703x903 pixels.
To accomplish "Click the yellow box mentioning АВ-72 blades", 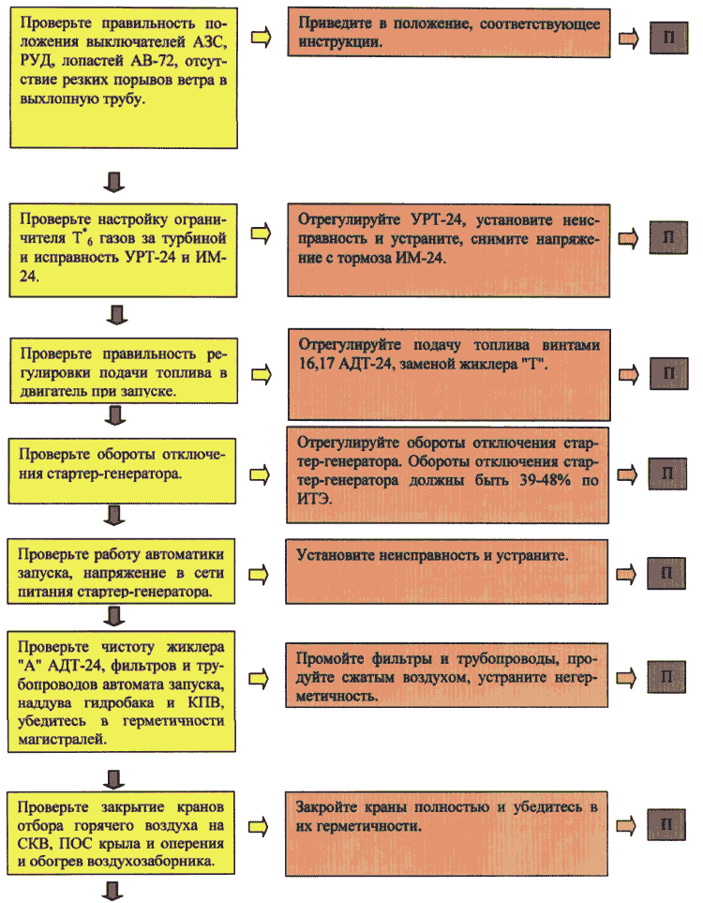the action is click(x=124, y=78).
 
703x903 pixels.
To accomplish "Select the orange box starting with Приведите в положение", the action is click(x=449, y=33).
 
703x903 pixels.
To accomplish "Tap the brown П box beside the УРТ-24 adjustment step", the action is click(x=668, y=237).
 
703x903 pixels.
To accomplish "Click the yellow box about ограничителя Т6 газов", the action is click(x=123, y=250).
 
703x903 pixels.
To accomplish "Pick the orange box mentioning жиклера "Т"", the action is click(x=449, y=375).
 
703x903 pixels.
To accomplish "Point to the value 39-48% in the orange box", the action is click(x=545, y=480).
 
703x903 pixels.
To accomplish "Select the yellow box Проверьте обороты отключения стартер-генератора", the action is click(x=122, y=471).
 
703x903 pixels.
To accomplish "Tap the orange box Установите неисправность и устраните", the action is click(x=447, y=572).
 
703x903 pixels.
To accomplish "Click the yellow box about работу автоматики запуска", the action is click(x=121, y=571).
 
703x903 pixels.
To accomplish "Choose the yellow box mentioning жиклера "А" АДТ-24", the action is click(x=122, y=692).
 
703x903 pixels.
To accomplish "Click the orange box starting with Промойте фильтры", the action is click(x=447, y=675).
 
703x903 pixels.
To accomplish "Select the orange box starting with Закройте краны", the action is click(x=447, y=834).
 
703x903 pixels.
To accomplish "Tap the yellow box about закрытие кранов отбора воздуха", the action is click(x=120, y=833).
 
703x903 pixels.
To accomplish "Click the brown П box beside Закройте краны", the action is click(x=666, y=824).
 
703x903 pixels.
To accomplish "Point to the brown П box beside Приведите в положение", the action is click(x=669, y=38).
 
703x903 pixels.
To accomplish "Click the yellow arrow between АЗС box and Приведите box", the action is click(x=261, y=38).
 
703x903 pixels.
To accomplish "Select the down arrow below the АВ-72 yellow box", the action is click(x=114, y=181).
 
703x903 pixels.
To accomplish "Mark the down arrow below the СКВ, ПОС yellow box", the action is click(x=112, y=891).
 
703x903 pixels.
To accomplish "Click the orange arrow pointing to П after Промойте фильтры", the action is click(x=626, y=678).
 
